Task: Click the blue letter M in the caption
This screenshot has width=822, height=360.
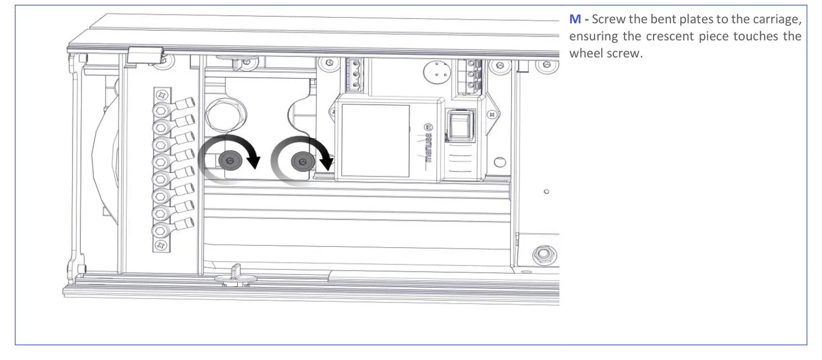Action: (575, 19)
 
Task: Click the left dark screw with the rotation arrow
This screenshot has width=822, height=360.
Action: (230, 161)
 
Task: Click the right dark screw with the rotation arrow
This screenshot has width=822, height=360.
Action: (303, 162)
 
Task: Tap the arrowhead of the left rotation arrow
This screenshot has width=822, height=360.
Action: (253, 162)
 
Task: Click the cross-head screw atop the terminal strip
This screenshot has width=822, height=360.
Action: (162, 95)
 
